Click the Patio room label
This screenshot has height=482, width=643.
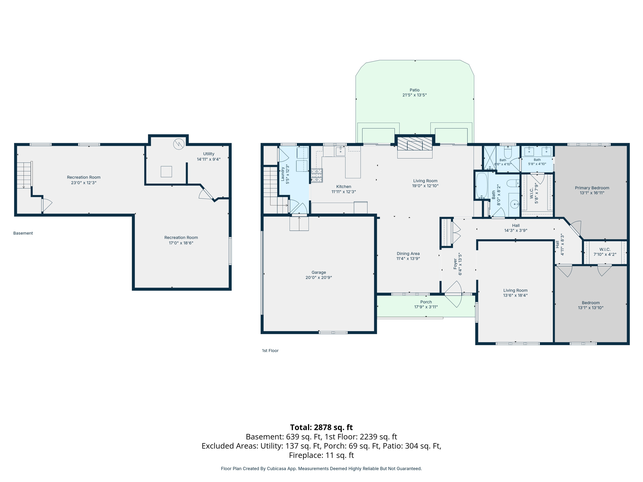414,90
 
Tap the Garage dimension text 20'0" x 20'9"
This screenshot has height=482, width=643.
319,277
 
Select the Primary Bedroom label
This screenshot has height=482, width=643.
592,188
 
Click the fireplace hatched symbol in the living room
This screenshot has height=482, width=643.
415,144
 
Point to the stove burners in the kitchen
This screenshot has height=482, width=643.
317,175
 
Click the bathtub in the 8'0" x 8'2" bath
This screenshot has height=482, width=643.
482,185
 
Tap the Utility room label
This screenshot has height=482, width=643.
208,154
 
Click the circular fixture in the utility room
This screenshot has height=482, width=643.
179,144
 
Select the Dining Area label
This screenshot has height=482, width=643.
408,254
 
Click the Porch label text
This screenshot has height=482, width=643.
426,302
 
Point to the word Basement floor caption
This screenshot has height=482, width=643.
23,233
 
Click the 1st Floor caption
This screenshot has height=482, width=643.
270,351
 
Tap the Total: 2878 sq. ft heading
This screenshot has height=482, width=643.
321,427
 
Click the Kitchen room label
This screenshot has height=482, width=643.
344,186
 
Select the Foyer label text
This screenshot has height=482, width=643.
455,264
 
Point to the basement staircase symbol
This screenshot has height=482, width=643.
24,175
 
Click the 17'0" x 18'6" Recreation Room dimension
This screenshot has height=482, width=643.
181,243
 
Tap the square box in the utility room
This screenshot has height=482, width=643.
166,172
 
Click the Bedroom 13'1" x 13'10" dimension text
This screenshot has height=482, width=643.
591,308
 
